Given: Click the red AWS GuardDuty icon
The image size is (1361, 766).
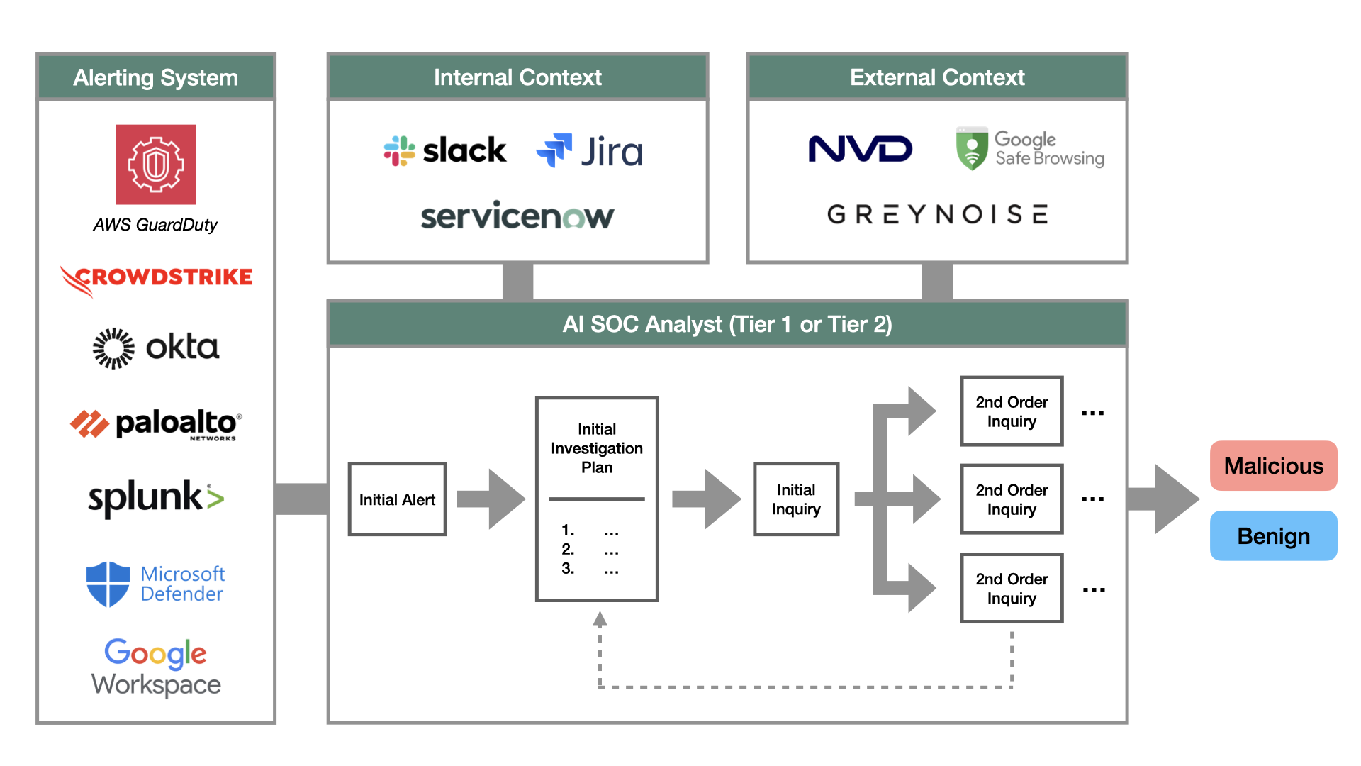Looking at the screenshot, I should tap(156, 165).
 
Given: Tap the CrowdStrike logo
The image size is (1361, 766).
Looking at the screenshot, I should tap(157, 279).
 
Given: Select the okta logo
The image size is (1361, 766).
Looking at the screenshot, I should tap(157, 348).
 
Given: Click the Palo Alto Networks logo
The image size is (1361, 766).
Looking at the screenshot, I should tap(157, 424).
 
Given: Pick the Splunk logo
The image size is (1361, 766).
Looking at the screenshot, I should tap(157, 497).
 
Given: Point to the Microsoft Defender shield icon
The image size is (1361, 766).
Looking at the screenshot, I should tap(108, 584).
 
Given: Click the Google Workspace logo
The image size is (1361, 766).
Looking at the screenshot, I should tap(156, 667).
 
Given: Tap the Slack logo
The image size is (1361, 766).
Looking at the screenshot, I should tap(445, 151).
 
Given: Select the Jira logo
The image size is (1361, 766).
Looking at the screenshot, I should tap(590, 151).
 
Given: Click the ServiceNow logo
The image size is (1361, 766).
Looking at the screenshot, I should tap(517, 216).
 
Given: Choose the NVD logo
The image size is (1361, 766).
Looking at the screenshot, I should tap(860, 149).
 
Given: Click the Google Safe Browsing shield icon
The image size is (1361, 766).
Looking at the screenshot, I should tap(972, 149).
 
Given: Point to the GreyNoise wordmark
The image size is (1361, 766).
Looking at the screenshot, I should tap(937, 214).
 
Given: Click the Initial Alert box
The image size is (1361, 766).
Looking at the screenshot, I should tap(397, 499).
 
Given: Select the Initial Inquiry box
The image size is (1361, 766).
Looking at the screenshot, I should tap(796, 499).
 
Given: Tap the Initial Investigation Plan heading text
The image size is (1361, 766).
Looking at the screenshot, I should tap(597, 448).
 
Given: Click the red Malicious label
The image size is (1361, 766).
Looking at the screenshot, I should tap(1273, 466).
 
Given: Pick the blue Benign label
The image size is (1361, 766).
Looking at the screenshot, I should tap(1273, 536).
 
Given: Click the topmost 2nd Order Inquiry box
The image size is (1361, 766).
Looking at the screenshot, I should tap(1012, 411).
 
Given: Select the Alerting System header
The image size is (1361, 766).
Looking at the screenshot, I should tap(156, 77).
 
